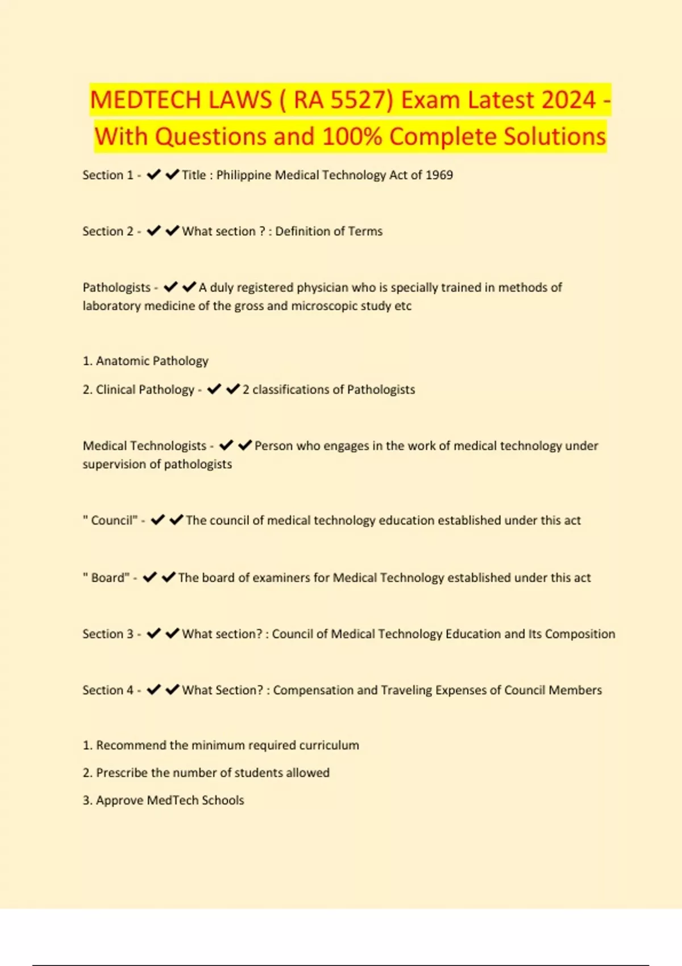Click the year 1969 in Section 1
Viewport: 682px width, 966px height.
[x=439, y=175]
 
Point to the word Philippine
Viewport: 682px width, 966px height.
[x=244, y=175]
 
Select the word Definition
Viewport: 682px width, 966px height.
[x=302, y=231]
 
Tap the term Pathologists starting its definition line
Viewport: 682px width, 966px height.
[x=117, y=288]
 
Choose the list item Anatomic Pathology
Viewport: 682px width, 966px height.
[x=152, y=361]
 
